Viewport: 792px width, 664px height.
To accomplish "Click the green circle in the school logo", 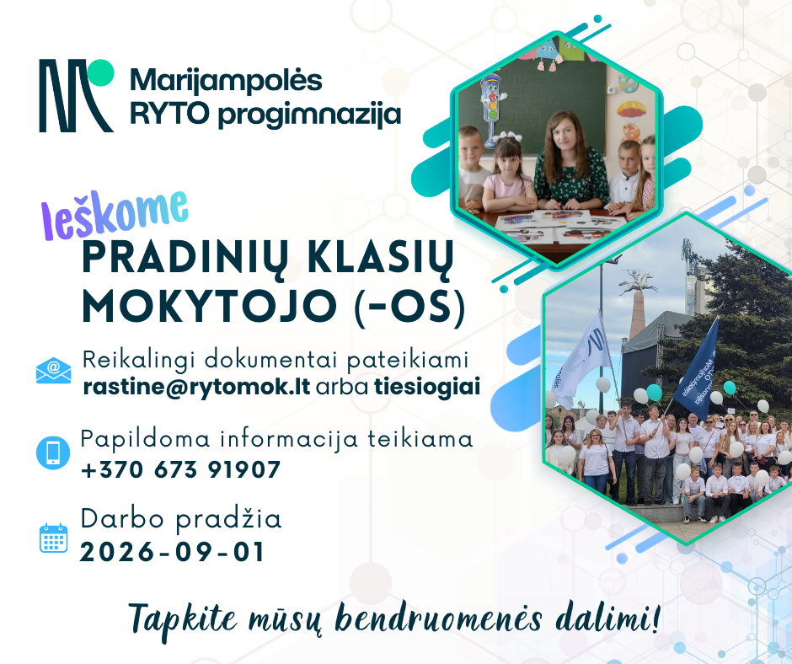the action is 100,72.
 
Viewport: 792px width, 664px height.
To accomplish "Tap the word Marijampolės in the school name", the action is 226,81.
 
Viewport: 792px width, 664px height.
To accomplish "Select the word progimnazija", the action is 309,115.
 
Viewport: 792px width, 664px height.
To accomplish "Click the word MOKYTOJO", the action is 210,306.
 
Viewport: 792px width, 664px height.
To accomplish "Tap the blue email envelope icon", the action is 54,371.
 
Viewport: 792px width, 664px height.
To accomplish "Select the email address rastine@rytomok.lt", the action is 196,387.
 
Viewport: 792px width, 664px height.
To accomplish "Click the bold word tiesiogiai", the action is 427,387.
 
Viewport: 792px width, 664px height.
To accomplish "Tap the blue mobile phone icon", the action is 53,452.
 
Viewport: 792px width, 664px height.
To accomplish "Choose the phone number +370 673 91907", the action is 181,469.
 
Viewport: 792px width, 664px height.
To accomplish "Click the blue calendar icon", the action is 54,538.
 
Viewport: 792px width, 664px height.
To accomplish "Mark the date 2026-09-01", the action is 172,551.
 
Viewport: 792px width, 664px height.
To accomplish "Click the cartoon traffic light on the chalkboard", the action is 491,109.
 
